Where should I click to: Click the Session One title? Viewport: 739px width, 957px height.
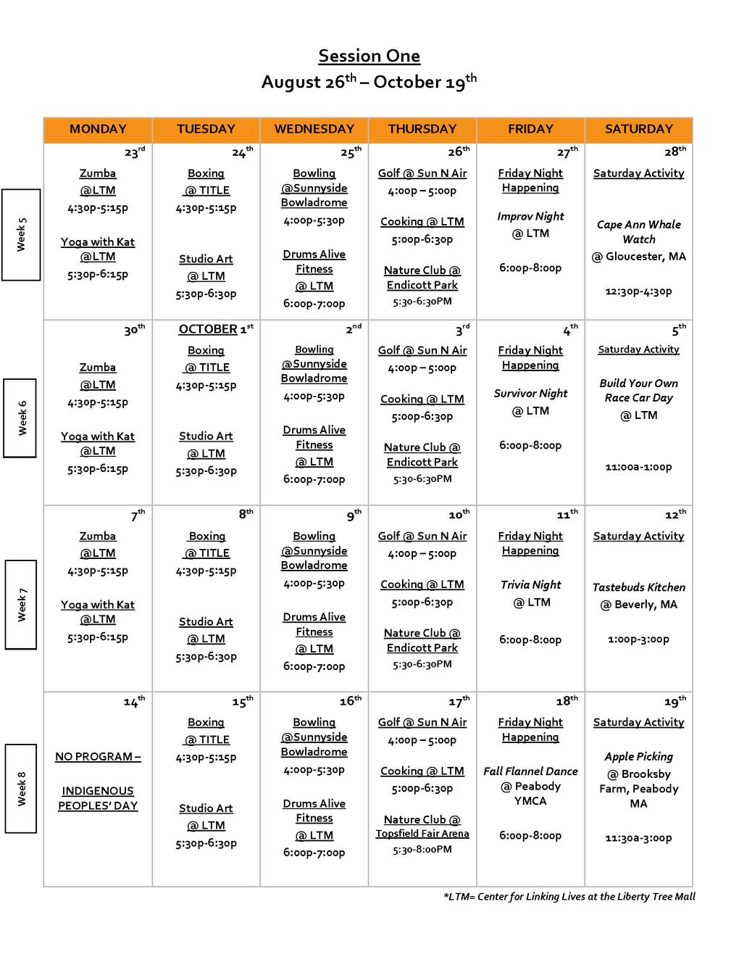[369, 56]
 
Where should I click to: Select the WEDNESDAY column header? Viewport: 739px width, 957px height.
[314, 129]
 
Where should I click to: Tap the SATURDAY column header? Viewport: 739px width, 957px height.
[638, 129]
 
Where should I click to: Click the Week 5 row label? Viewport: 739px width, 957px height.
[20, 234]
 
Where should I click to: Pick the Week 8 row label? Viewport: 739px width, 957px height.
[20, 788]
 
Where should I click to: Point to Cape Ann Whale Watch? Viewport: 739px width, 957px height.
[638, 232]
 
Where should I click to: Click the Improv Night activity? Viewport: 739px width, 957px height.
[530, 216]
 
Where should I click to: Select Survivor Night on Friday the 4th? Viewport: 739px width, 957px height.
[530, 393]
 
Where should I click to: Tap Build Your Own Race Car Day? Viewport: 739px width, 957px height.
[638, 390]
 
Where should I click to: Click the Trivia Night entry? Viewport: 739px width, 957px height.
[530, 584]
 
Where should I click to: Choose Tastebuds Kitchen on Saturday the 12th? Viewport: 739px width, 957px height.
[638, 587]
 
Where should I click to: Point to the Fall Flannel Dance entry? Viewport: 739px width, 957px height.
[530, 771]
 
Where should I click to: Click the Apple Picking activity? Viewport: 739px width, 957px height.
[638, 756]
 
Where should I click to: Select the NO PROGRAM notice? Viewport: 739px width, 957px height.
[98, 756]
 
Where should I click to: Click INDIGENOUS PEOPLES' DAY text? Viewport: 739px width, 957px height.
[98, 798]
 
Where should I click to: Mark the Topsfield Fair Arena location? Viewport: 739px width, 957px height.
[422, 834]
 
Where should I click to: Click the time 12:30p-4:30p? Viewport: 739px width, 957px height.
[638, 291]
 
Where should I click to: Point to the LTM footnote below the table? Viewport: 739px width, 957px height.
[569, 897]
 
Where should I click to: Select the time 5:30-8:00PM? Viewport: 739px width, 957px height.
[422, 849]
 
